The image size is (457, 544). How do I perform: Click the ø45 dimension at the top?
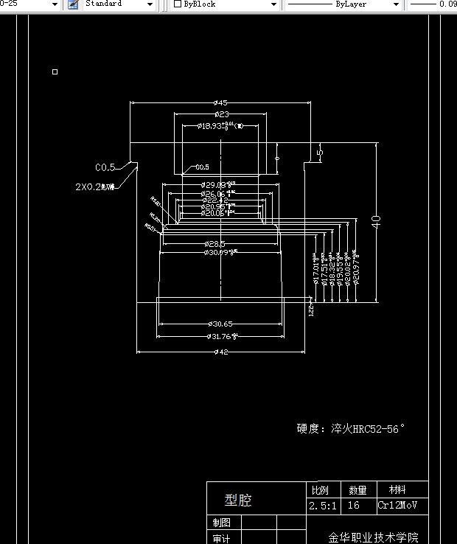(220, 102)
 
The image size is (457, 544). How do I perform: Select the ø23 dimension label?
(221, 114)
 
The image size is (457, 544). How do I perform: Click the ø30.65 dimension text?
(220, 324)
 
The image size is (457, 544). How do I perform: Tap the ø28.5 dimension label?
(214, 243)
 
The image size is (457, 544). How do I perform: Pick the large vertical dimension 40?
(376, 221)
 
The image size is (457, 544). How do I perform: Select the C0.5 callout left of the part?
(105, 167)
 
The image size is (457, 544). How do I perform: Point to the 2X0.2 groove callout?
(94, 187)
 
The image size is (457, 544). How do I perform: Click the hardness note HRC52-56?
(351, 428)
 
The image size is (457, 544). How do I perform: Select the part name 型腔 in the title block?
(238, 501)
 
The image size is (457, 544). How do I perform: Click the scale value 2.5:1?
(323, 506)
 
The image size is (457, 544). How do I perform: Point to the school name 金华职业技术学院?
(373, 537)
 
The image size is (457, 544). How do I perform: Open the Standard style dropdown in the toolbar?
(118, 4)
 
